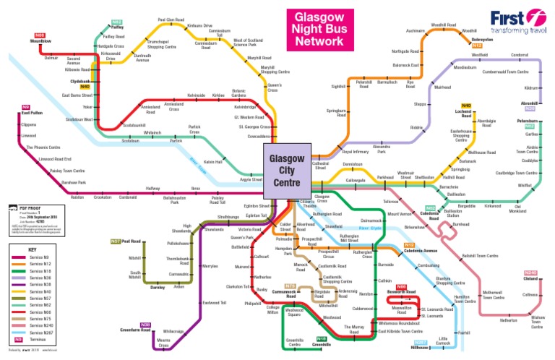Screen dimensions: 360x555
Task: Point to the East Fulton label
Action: [32, 113]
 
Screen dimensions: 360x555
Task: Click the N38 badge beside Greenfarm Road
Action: [145, 325]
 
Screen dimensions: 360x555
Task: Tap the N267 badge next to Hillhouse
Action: [421, 341]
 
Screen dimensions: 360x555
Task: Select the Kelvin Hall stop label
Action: [212, 162]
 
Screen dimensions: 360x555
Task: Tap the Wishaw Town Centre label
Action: [537, 322]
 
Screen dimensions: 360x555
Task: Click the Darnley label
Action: [158, 287]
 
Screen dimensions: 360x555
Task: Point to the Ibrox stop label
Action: [195, 188]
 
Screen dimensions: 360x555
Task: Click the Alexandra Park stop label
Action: [381, 149]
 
